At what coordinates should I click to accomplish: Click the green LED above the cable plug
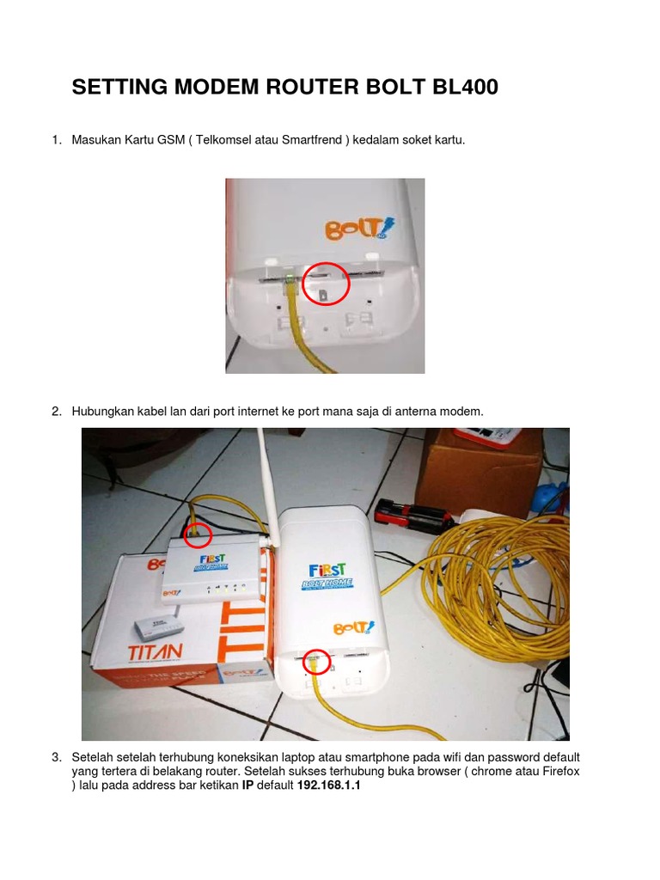291,278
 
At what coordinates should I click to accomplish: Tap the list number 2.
56,412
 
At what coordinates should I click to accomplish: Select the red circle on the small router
199,535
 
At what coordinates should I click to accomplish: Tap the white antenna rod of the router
264,481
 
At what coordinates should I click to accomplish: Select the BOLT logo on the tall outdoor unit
355,626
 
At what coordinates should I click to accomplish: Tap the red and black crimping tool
415,516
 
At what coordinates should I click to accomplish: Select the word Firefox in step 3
559,772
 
